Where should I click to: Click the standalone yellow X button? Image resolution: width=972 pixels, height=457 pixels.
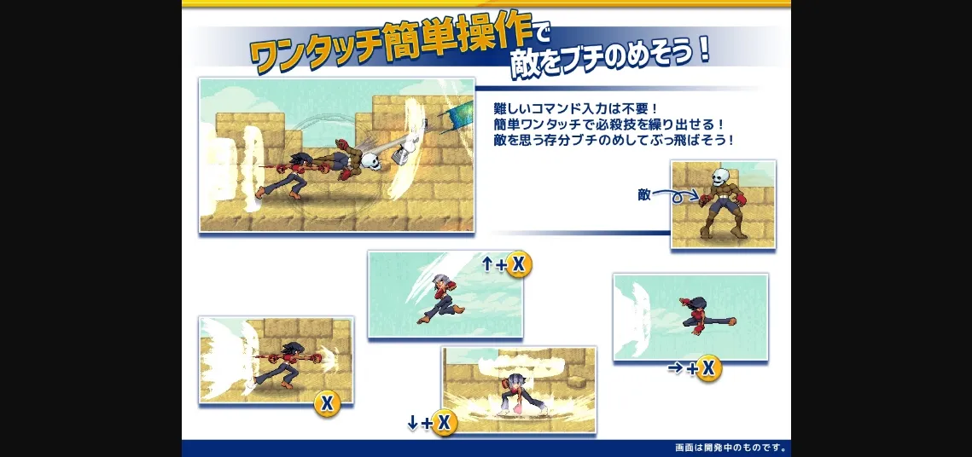click(x=327, y=404)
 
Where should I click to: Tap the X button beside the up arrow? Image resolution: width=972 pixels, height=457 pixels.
click(x=519, y=265)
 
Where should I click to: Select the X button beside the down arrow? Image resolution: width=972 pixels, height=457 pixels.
click(x=444, y=424)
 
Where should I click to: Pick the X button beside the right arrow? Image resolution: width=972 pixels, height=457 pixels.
click(x=708, y=368)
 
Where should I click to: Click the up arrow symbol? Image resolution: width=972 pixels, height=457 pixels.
click(x=487, y=264)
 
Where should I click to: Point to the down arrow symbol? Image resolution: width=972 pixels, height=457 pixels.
click(x=412, y=424)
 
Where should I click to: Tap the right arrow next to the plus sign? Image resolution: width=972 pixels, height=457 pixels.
click(x=675, y=368)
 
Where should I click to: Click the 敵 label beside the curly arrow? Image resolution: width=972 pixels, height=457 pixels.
click(x=644, y=194)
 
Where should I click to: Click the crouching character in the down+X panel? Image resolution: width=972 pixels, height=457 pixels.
click(x=515, y=394)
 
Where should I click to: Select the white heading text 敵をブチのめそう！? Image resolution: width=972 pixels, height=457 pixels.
click(x=610, y=59)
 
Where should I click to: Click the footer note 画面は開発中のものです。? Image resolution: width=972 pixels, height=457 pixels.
click(x=730, y=447)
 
